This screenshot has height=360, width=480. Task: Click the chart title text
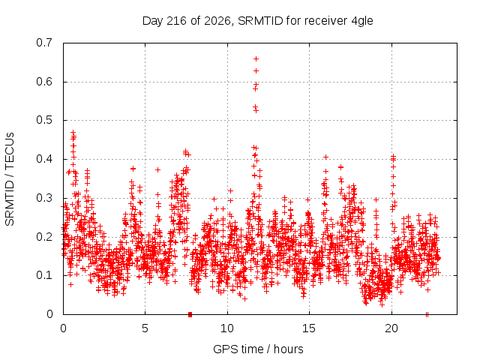click(258, 21)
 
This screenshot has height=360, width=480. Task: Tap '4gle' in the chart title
click(362, 22)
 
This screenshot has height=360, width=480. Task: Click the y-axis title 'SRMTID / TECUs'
click(10, 179)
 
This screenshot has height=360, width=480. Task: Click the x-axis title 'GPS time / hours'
click(258, 349)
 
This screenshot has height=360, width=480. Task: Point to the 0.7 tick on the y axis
click(44, 43)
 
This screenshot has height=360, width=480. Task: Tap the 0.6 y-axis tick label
click(44, 82)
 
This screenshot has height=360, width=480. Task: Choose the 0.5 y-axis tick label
click(44, 120)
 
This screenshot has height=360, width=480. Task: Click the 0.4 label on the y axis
click(44, 159)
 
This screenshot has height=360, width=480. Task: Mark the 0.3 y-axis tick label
click(44, 198)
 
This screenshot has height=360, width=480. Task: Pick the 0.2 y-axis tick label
click(44, 237)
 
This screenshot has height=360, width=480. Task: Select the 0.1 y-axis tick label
click(44, 275)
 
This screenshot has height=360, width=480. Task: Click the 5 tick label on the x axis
click(145, 328)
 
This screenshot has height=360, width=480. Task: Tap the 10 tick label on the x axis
click(227, 328)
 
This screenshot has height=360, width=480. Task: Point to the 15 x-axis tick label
click(309, 328)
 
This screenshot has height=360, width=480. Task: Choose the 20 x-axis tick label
click(391, 328)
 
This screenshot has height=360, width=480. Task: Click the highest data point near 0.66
click(256, 58)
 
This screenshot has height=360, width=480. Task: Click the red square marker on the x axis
click(190, 314)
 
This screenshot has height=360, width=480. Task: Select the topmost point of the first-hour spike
click(73, 132)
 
